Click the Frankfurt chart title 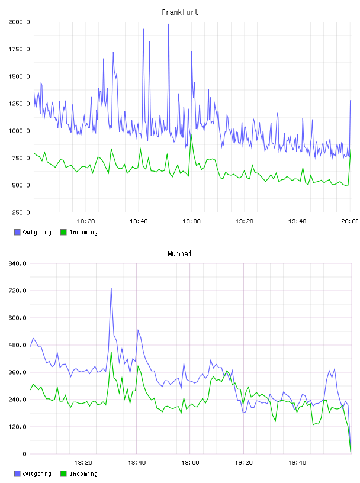180,12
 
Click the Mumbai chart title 179,254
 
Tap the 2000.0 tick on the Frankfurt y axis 19,22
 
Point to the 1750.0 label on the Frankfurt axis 19,49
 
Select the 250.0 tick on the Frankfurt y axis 21,212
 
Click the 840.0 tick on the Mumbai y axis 17,263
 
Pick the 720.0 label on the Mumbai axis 17,291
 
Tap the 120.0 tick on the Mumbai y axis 17,427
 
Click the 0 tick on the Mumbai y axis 24,454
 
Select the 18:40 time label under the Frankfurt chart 139,221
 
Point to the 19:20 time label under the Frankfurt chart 245,221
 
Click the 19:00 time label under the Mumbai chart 190,463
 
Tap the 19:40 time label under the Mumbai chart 297,463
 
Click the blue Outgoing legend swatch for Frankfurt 17,232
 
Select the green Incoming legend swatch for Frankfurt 63,232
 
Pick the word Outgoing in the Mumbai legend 37,474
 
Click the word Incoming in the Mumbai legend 83,474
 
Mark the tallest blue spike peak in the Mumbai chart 111,288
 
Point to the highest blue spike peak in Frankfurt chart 169,24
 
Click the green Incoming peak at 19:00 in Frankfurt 191,134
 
